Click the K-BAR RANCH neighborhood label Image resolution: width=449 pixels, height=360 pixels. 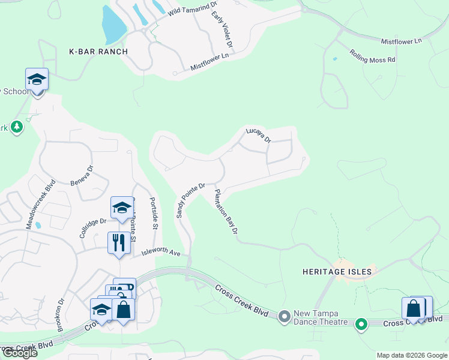pos(99,52)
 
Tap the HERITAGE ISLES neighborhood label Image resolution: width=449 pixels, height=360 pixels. pos(337,272)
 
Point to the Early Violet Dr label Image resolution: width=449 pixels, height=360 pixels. pos(221,29)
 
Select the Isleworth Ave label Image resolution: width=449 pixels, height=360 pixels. pos(161,253)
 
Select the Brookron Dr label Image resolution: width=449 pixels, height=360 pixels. pos(61,314)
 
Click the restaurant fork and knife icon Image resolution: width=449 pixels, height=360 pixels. pos(118,242)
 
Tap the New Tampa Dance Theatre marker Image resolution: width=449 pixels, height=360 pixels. pos(285,316)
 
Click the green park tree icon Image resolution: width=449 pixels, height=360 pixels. pos(17,127)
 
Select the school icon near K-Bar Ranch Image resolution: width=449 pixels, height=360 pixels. pos(37,80)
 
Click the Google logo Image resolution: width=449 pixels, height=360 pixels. pos(19,353)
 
